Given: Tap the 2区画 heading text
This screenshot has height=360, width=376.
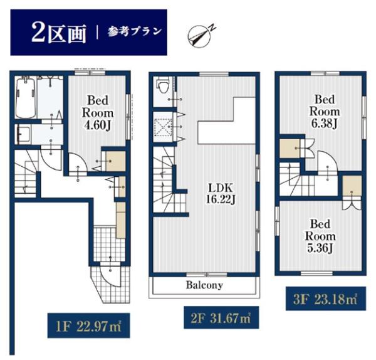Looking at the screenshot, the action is click(x=59, y=33).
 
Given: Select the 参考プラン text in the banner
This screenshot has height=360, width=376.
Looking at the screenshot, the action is click(x=134, y=31).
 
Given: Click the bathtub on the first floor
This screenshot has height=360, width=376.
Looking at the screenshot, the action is click(x=26, y=97).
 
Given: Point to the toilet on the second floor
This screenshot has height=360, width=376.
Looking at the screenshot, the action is click(x=163, y=85).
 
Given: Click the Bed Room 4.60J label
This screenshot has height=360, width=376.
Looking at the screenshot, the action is click(x=98, y=113).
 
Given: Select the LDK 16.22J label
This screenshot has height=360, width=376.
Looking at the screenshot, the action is click(x=221, y=193).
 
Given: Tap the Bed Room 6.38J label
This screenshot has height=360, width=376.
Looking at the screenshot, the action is click(x=325, y=112).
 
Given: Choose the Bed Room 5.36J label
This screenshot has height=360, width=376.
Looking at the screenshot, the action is click(x=320, y=236).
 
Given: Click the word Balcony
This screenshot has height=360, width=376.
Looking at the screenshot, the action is click(x=204, y=285).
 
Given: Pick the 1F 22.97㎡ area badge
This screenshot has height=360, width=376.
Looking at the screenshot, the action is click(x=89, y=326).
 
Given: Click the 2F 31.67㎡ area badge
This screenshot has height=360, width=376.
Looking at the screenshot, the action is click(x=221, y=317).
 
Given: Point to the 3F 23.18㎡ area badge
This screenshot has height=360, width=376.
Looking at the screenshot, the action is click(x=326, y=299).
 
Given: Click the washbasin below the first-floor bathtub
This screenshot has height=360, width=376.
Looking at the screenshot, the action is click(x=23, y=134).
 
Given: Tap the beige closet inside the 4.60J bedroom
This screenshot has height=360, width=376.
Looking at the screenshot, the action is click(x=115, y=161).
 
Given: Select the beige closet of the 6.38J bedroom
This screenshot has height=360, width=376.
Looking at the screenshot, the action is click(x=290, y=149).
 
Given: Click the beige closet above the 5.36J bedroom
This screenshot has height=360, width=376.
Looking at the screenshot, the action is click(x=352, y=186).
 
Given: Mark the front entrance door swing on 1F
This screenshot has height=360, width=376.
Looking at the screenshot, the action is click(x=110, y=276).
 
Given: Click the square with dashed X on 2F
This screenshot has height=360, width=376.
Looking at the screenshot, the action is click(x=163, y=127).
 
